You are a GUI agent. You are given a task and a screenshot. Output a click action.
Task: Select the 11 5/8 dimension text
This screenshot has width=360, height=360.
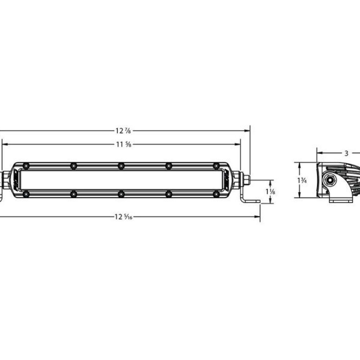pyautogui.click(x=123, y=144)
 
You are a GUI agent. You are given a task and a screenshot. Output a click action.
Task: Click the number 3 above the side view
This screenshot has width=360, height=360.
pyautogui.click(x=346, y=153)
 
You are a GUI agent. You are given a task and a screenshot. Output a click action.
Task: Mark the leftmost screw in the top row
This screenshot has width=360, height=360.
pyautogui.click(x=26, y=166)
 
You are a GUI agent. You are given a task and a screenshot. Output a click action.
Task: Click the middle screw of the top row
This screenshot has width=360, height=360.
pyautogui.click(x=121, y=166)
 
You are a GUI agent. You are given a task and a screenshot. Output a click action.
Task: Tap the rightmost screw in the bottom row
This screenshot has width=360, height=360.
pyautogui.click(x=216, y=194)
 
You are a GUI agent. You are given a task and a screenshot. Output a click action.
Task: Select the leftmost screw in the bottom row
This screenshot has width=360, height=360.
pyautogui.click(x=26, y=194)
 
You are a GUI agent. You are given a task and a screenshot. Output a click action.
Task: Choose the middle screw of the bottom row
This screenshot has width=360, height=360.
pyautogui.click(x=121, y=194)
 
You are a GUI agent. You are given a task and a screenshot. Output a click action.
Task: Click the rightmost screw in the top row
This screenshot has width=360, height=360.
pyautogui.click(x=216, y=166)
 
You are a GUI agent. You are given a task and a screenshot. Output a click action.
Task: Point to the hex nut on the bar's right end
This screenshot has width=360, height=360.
pyautogui.click(x=247, y=180)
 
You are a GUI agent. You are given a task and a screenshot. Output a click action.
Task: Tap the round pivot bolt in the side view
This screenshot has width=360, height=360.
pyautogui.click(x=330, y=180)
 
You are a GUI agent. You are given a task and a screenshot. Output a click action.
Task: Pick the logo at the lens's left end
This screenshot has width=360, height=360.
pyautogui.click(x=16, y=180)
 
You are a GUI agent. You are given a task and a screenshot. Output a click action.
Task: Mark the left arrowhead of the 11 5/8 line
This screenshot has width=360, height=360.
pyautogui.click(x=5, y=144)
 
